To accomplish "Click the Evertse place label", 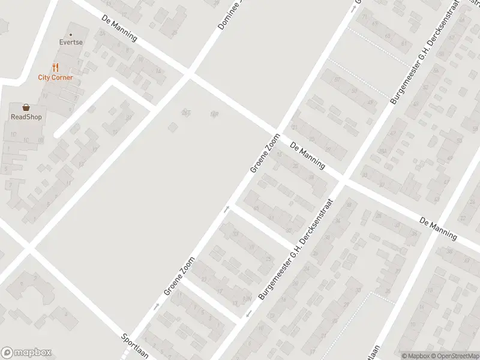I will (x=70, y=43).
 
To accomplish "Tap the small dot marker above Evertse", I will (x=70, y=34).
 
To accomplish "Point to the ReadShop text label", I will (x=26, y=117).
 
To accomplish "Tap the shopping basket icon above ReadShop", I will (x=26, y=107).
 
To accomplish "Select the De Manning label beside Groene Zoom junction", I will (x=307, y=155).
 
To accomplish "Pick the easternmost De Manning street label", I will (x=438, y=227).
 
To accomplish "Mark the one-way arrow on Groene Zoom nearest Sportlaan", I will (x=156, y=307).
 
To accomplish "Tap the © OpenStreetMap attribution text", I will (x=454, y=356).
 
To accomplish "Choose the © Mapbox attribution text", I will (x=415, y=356).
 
